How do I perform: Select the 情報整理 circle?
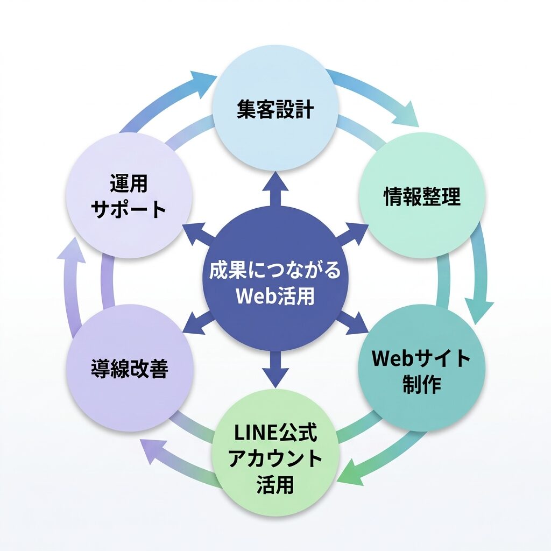[422, 196]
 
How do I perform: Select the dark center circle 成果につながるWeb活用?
[275, 282]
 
